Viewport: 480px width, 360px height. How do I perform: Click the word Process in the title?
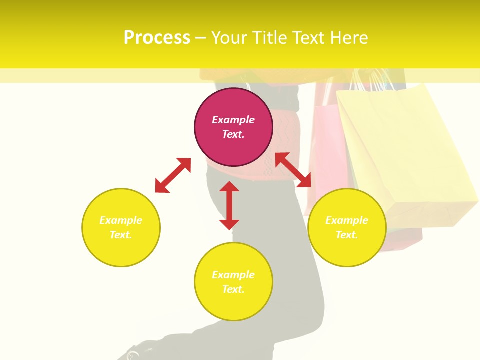click(x=157, y=38)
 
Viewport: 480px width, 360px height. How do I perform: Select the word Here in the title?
click(x=349, y=38)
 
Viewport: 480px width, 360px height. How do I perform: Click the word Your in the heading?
click(x=229, y=38)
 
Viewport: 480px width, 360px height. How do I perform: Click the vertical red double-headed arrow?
click(x=229, y=205)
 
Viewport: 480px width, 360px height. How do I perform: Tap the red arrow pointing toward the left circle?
click(x=173, y=175)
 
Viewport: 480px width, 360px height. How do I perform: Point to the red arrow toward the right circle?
click(x=293, y=170)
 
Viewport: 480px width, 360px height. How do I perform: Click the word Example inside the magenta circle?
click(x=233, y=120)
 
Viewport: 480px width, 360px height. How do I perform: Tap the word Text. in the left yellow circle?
click(x=121, y=235)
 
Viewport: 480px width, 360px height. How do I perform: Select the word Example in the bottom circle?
click(x=233, y=275)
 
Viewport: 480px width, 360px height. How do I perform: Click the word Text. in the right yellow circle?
click(x=347, y=235)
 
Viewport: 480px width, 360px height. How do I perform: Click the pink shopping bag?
click(x=325, y=145)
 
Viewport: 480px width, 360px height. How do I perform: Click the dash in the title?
click(x=201, y=38)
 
